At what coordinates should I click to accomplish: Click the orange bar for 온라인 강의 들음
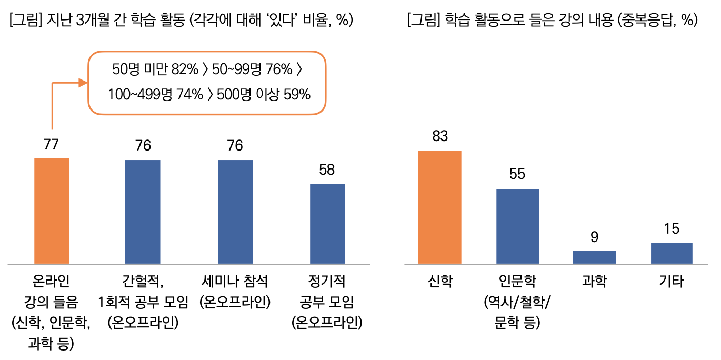point(52,211)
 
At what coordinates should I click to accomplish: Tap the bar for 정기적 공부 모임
point(327,224)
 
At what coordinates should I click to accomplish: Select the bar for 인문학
point(518,226)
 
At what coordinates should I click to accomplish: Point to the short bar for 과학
point(594,257)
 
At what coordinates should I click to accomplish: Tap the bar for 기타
point(672,253)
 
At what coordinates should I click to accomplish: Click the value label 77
point(51,145)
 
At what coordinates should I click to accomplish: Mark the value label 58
point(327,170)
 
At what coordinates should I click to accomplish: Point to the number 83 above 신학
point(440,136)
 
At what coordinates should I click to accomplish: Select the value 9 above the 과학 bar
point(594,237)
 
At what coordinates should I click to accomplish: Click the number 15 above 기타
point(672,229)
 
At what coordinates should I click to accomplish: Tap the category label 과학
point(594,282)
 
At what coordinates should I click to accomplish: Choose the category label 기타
point(672,282)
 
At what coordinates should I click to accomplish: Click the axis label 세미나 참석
point(235,282)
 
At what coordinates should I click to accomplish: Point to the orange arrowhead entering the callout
point(83,82)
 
